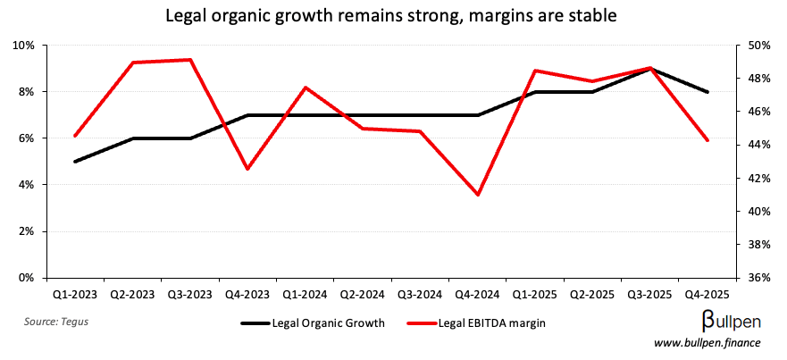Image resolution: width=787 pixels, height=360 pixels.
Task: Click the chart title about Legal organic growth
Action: tap(393, 16)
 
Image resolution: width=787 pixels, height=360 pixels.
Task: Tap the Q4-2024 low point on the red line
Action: tap(478, 195)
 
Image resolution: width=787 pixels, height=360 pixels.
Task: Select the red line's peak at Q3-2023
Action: tap(190, 60)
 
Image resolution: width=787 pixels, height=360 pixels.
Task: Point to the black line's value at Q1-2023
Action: tap(75, 162)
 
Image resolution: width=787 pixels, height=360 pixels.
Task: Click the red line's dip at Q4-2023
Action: tap(247, 169)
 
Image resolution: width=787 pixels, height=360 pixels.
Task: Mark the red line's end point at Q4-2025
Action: tap(707, 140)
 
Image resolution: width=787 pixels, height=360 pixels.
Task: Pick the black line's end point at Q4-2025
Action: tap(707, 92)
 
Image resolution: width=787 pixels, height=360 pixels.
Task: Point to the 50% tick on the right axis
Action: tap(757, 46)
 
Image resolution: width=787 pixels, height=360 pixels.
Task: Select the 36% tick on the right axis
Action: tap(757, 278)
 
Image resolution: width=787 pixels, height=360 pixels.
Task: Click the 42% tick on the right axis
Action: tap(757, 179)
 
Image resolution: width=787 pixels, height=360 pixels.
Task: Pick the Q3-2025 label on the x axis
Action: tap(649, 292)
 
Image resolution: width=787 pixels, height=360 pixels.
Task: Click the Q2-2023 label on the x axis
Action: tap(133, 292)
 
